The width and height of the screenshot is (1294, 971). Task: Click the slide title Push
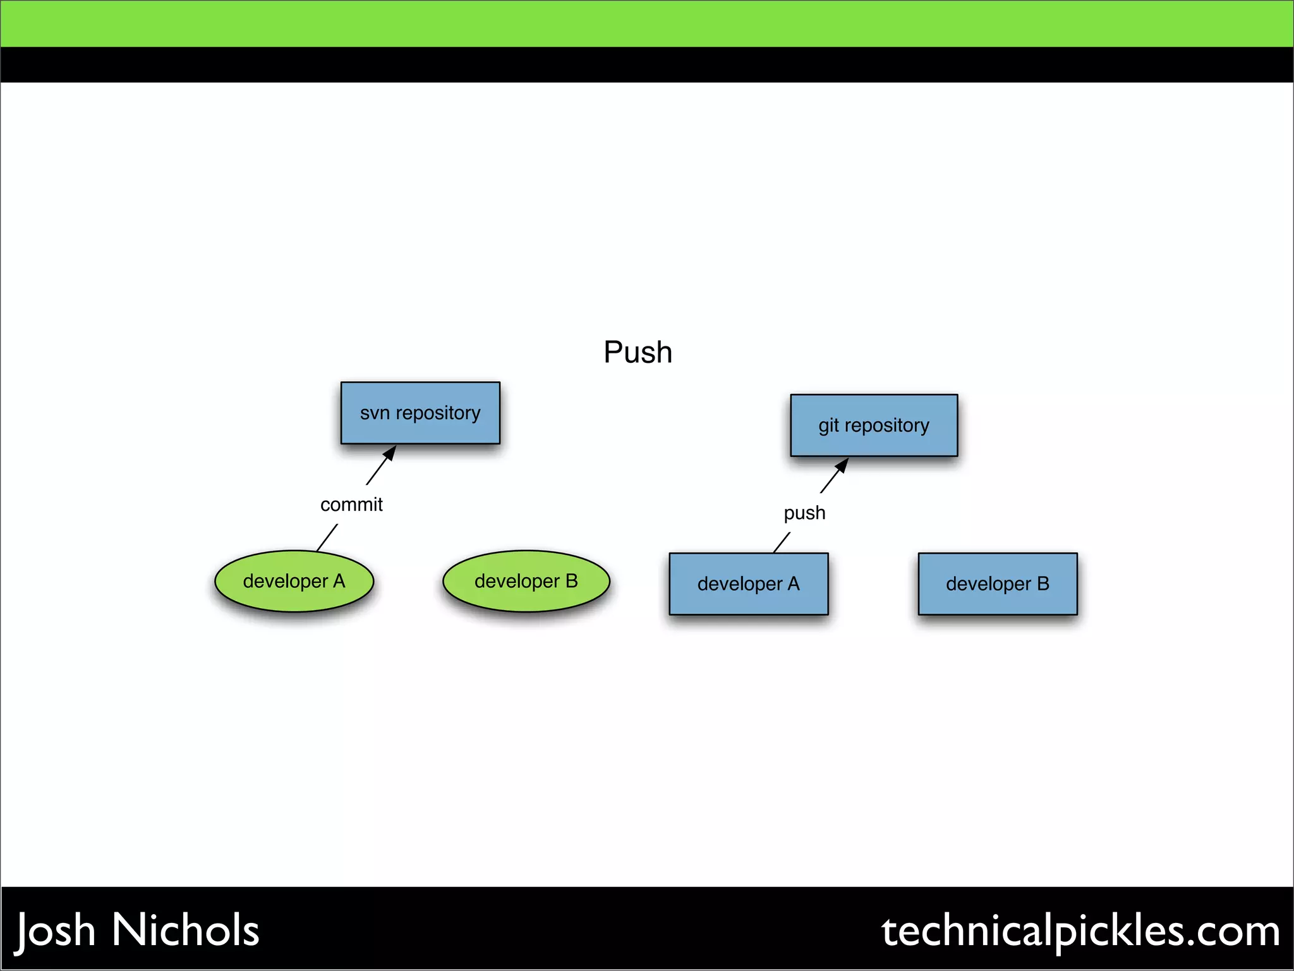click(638, 352)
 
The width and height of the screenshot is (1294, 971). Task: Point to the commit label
click(351, 504)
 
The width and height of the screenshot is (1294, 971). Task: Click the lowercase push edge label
click(804, 513)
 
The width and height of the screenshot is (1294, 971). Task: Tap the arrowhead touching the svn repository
click(390, 453)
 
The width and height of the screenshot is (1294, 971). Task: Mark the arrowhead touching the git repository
click(842, 465)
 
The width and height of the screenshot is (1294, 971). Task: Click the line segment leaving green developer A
click(327, 537)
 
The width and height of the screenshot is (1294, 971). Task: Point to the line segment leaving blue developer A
click(782, 542)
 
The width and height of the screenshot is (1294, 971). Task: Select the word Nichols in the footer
click(186, 930)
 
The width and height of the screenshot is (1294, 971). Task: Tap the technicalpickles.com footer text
click(1080, 931)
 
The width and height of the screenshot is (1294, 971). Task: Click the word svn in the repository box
click(375, 413)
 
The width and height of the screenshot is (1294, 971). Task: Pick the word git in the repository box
click(828, 426)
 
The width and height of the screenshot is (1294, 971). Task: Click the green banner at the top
click(647, 23)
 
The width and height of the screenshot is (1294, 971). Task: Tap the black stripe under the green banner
click(647, 64)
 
